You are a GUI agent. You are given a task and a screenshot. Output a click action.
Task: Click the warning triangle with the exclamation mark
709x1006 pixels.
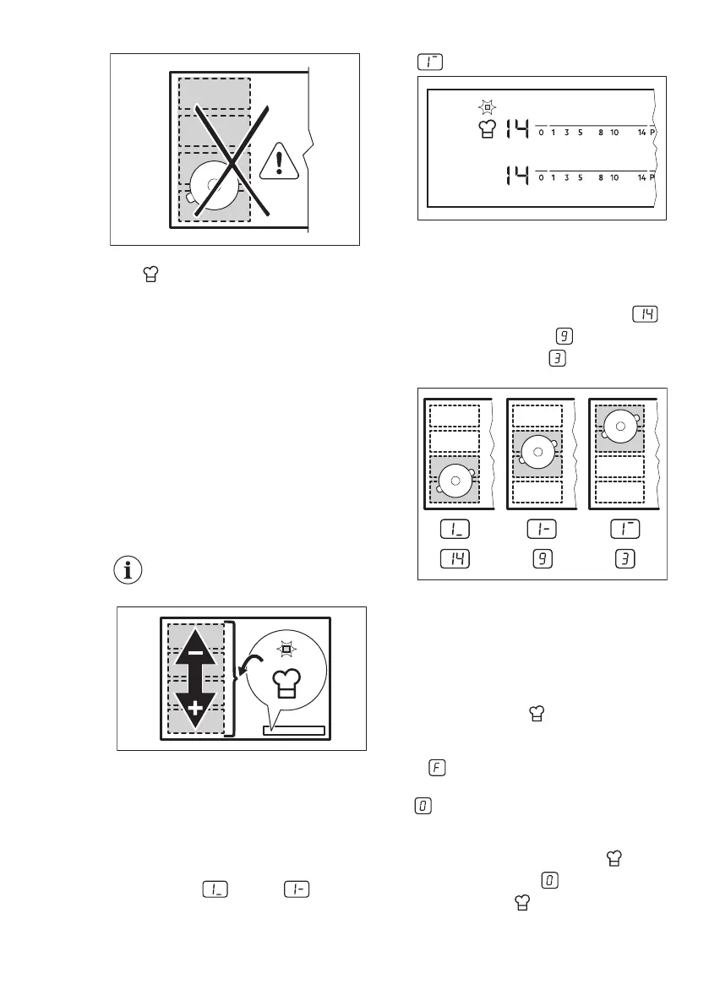[281, 160]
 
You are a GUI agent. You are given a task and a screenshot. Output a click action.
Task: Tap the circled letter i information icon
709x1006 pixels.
[128, 570]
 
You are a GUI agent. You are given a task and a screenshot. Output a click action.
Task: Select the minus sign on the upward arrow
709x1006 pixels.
[196, 653]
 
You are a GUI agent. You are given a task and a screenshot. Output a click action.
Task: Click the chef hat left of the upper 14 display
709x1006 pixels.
[486, 129]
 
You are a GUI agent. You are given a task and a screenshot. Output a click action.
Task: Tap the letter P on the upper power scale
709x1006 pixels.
[652, 132]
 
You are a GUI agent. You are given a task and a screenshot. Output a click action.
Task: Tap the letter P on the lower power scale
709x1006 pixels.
[652, 177]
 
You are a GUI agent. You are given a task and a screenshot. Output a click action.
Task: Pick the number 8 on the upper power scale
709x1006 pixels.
[601, 132]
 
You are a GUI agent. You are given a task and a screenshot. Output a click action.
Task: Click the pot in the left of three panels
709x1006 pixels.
[455, 480]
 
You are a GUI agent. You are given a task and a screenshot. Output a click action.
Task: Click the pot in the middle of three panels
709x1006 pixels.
[538, 451]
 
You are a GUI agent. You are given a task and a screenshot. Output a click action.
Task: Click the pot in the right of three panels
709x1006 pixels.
[619, 427]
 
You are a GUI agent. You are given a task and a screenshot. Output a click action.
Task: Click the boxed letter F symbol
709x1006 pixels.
[438, 769]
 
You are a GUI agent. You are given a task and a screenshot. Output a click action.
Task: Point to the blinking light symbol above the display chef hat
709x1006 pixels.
[486, 108]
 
